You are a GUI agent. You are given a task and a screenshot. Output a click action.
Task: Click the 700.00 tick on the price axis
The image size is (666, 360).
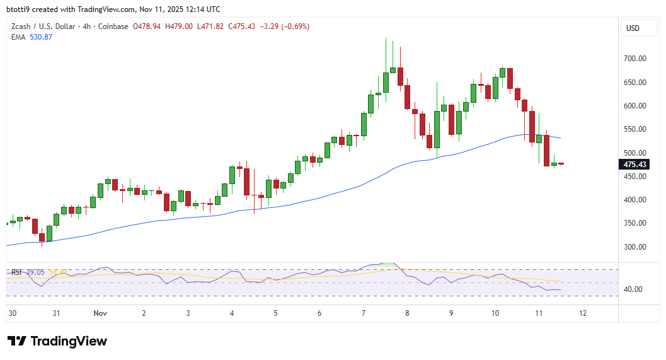[635, 59]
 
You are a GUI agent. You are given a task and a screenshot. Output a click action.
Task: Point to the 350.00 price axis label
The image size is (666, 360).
[635, 223]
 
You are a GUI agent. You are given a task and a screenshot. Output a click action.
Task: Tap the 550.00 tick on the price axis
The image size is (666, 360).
[635, 129]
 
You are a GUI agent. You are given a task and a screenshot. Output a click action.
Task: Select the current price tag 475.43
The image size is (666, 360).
[634, 165]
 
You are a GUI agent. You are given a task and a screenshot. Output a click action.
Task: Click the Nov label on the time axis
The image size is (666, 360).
[100, 313]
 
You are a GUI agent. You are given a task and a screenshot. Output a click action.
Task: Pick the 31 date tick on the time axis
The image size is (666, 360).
[56, 313]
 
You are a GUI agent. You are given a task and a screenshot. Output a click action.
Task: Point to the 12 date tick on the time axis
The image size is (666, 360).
[583, 313]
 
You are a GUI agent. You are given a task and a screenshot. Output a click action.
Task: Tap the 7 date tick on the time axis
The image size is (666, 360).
[364, 313]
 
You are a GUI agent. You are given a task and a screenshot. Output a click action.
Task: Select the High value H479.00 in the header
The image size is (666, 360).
[178, 26]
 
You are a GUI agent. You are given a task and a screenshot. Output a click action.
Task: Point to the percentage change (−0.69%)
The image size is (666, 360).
[292, 26]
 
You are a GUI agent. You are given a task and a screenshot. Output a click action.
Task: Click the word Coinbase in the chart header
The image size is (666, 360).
[113, 26]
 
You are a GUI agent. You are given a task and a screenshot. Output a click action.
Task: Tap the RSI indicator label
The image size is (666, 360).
[17, 272]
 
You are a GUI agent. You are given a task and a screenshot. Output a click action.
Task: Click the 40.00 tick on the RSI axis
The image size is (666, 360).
[633, 289]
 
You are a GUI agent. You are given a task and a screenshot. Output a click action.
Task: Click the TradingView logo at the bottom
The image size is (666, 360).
[57, 341]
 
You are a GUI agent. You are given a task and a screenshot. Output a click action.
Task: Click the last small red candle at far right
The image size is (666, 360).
[561, 164]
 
